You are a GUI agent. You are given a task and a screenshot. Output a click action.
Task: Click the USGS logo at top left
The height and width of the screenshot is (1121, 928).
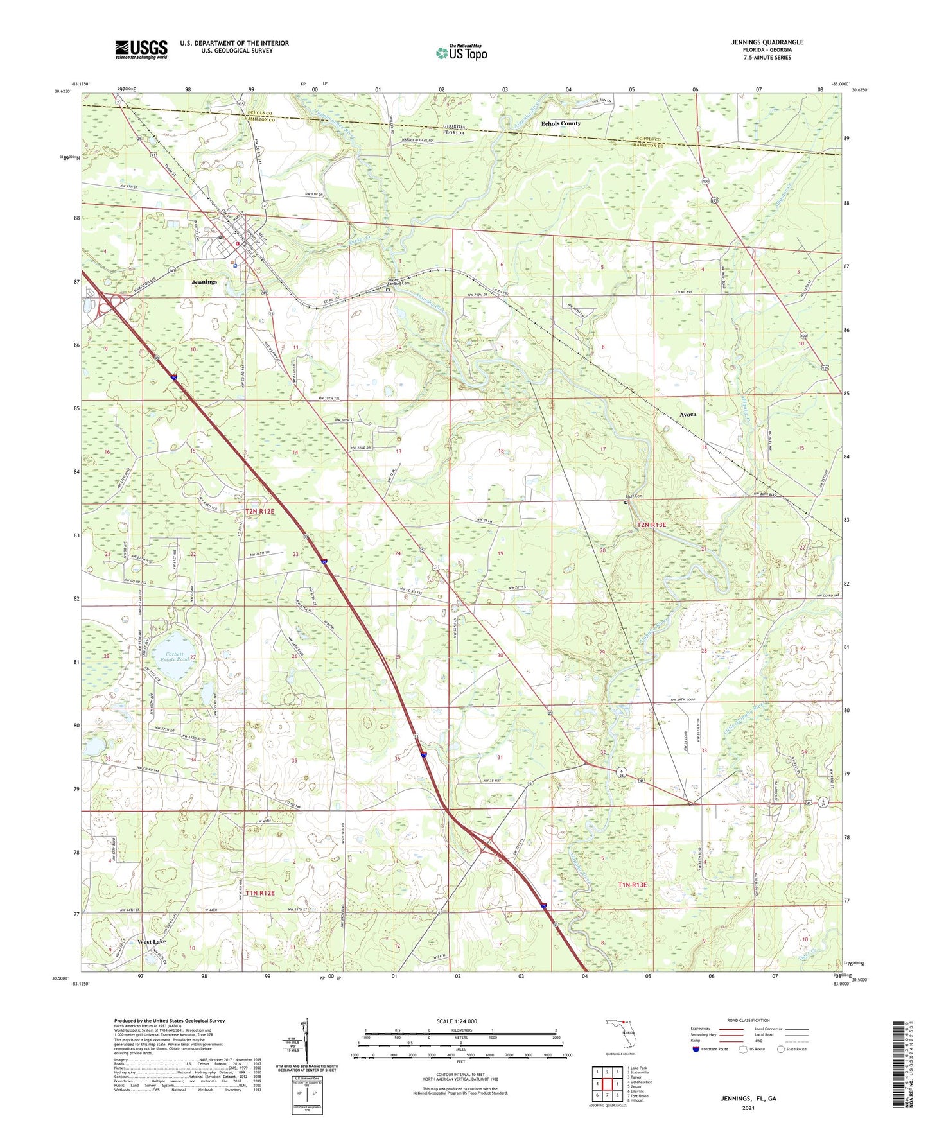[x=141, y=49]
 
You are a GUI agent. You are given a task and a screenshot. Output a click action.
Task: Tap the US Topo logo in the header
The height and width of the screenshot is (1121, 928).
[x=460, y=53]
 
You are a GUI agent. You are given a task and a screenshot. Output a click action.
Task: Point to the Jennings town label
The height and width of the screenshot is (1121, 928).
[x=204, y=282]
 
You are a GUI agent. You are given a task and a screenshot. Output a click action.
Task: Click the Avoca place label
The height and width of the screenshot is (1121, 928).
[x=688, y=415]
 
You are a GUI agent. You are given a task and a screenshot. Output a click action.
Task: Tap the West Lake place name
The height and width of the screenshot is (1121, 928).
[x=152, y=941]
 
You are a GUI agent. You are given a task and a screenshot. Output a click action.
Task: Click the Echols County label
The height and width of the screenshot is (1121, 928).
[x=561, y=123]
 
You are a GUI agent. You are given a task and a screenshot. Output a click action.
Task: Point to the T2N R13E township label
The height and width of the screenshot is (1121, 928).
[x=651, y=525]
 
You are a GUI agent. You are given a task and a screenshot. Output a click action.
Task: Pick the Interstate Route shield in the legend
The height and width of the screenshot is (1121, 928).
[x=696, y=1050]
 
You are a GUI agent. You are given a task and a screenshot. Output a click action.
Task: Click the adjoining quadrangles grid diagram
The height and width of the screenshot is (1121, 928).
[x=606, y=1085]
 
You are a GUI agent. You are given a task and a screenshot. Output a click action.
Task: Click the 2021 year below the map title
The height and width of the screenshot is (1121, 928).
[x=748, y=1108]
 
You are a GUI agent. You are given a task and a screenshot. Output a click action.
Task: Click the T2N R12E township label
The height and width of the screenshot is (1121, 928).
[x=259, y=512]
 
